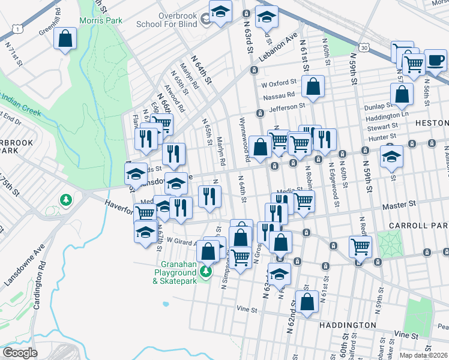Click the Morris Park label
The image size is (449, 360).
click(x=100, y=20)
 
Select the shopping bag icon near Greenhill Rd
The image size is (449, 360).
click(x=65, y=39)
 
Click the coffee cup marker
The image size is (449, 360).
click(x=436, y=61)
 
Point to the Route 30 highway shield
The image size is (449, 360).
click(x=364, y=47)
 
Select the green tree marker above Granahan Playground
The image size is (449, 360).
click(x=206, y=272)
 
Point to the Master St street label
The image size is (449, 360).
click(x=399, y=205)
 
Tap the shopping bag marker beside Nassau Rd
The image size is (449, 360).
click(x=313, y=87)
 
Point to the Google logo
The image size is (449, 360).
click(x=20, y=353)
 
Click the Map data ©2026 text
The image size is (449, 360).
click(x=424, y=355)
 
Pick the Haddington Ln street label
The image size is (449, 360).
click(x=386, y=114)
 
